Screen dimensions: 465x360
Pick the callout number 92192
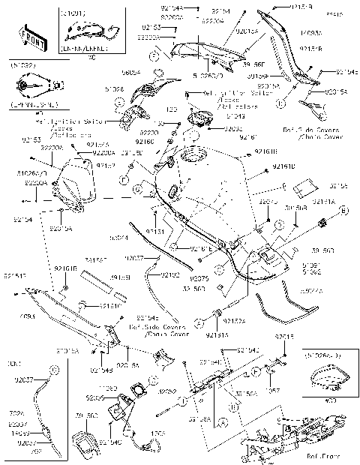(x=170, y=274)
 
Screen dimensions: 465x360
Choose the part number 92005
(x=95, y=397)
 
